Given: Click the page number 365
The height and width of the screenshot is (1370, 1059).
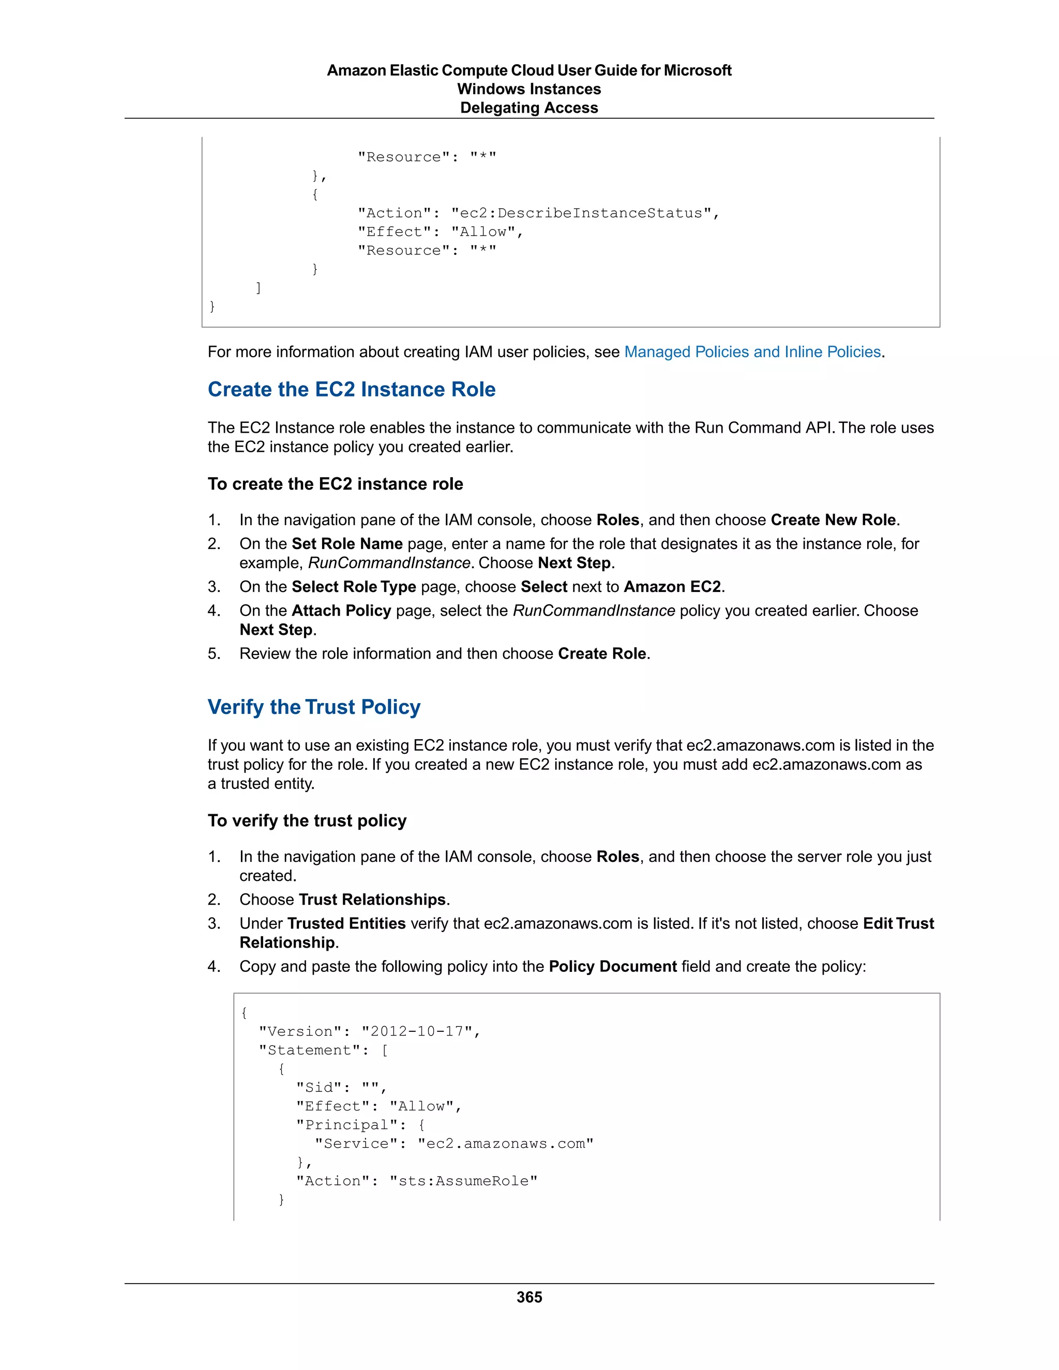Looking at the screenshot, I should point(529,1297).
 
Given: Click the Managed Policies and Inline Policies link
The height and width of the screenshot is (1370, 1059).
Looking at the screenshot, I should point(752,352).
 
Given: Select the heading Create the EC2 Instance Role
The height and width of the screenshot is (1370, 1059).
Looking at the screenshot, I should point(351,390).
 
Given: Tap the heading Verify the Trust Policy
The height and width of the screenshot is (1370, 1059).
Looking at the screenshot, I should point(314,707).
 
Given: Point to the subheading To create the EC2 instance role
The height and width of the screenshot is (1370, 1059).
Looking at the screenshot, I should point(335,484).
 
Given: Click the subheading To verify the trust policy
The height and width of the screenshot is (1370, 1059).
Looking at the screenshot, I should point(307,820).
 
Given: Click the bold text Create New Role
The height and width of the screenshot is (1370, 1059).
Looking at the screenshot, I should point(833,520).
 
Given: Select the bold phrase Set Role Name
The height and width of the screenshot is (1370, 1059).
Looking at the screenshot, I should point(347,544).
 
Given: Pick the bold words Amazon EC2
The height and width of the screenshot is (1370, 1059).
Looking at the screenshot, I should point(672,587).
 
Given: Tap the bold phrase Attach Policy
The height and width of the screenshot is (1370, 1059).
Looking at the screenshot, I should point(341,611).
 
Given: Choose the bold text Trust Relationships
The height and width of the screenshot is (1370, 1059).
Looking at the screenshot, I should point(372,900).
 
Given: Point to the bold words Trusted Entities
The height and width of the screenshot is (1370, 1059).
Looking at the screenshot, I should point(346,923).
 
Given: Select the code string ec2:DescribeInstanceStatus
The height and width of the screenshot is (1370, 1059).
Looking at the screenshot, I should point(581,214).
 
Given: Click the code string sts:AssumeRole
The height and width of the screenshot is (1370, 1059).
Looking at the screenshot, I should point(463,1181).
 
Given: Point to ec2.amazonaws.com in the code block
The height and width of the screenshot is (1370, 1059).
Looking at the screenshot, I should point(505,1144).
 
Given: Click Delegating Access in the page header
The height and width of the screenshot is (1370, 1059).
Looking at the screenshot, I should point(529,108).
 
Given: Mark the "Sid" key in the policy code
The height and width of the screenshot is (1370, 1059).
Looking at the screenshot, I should point(319,1087).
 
